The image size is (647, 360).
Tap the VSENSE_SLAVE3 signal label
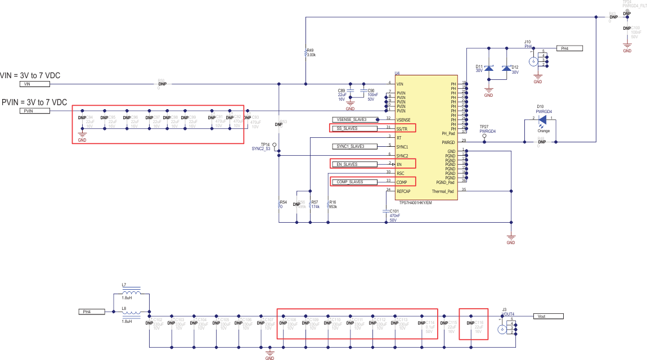352,119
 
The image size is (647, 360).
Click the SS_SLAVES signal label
352,128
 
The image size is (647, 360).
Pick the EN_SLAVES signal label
352,164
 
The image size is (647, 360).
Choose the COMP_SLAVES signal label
352,182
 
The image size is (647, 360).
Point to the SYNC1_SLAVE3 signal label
352,146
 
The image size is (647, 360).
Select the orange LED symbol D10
543,120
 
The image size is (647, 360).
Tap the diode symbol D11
489,68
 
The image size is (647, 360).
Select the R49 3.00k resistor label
311,53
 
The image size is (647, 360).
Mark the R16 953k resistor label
333,204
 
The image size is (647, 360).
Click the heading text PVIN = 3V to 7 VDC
34,102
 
